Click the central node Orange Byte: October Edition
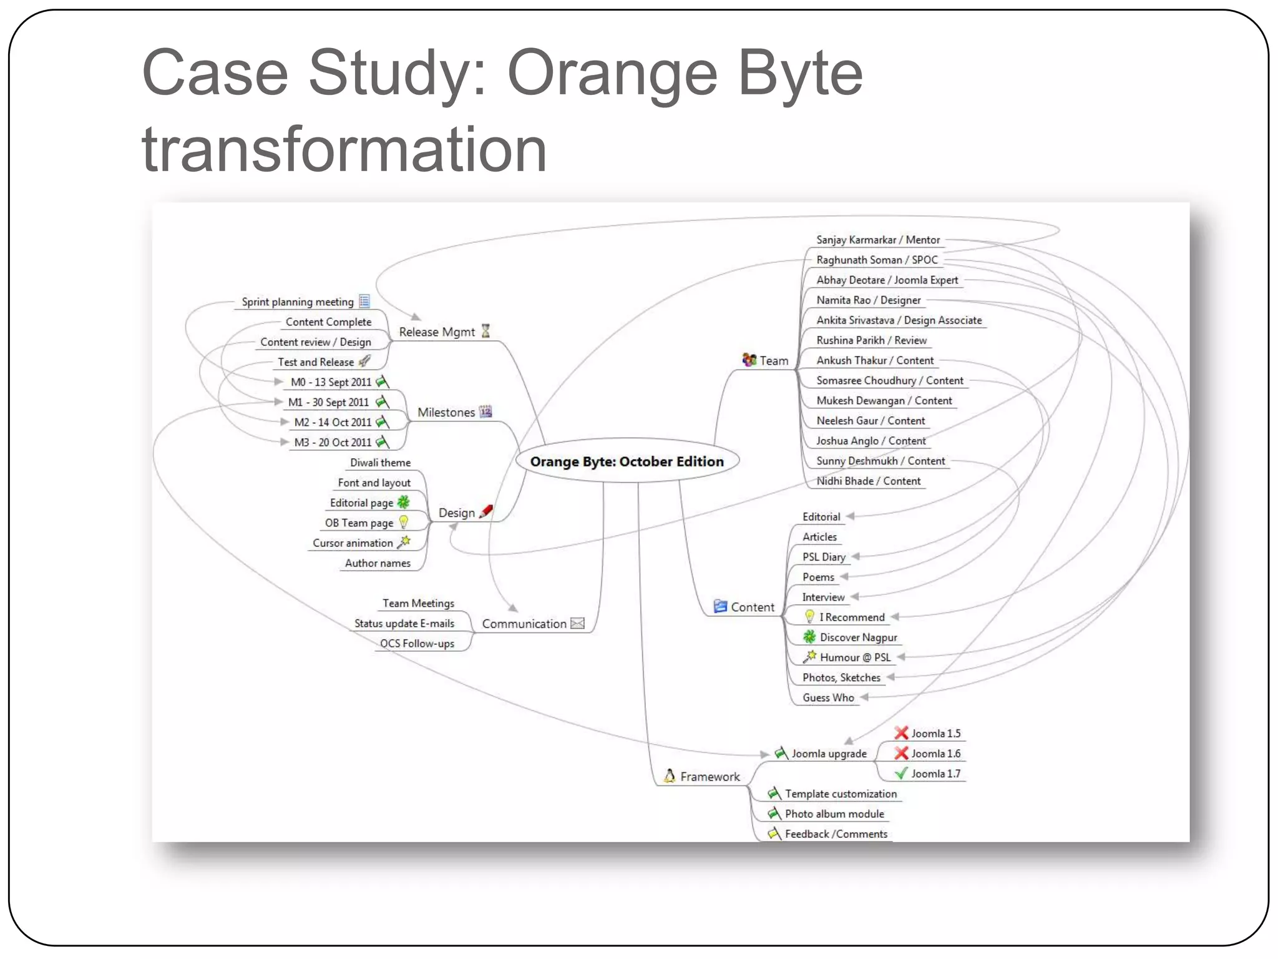pyautogui.click(x=627, y=461)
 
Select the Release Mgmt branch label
pyautogui.click(x=437, y=332)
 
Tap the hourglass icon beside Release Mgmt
pyautogui.click(x=485, y=331)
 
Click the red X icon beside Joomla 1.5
pyautogui.click(x=900, y=733)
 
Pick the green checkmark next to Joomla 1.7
pyautogui.click(x=900, y=774)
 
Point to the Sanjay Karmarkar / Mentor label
pyautogui.click(x=877, y=240)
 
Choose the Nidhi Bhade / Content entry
pyautogui.click(x=868, y=481)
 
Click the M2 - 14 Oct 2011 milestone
pyautogui.click(x=333, y=423)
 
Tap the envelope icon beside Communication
pyautogui.click(x=578, y=623)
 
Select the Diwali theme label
pyautogui.click(x=380, y=463)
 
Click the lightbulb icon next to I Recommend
pyautogui.click(x=809, y=616)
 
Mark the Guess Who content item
pyautogui.click(x=828, y=697)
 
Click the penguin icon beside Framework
pyautogui.click(x=670, y=775)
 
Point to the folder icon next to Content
pyautogui.click(x=720, y=606)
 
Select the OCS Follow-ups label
pyautogui.click(x=417, y=644)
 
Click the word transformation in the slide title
pyautogui.click(x=344, y=150)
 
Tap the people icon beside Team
pyautogui.click(x=749, y=360)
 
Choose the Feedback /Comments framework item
pyautogui.click(x=836, y=834)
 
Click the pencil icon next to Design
pyautogui.click(x=486, y=511)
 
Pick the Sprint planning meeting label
pyautogui.click(x=297, y=302)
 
